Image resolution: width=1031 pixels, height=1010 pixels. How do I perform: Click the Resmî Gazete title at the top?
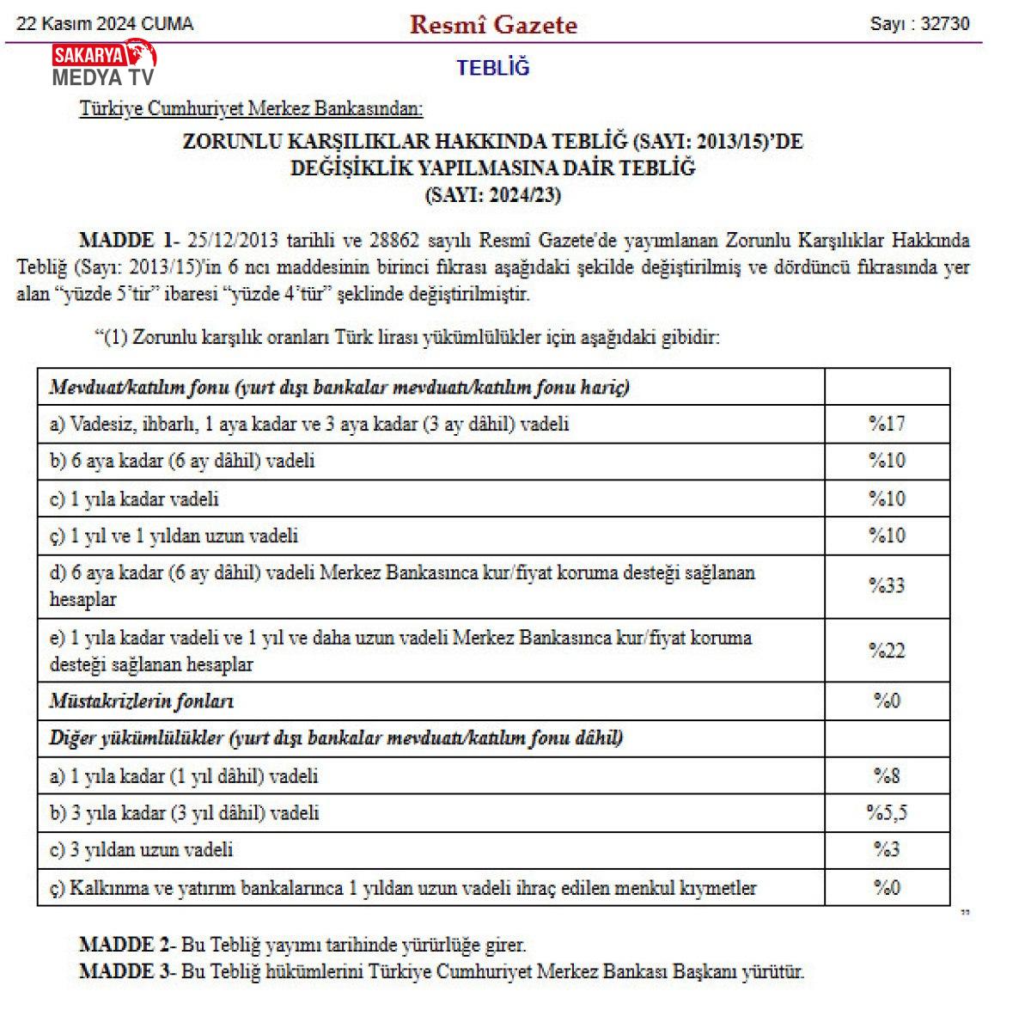coord(493,24)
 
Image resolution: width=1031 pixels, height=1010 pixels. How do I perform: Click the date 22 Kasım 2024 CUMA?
coord(105,24)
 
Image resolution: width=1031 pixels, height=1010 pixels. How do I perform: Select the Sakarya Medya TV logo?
coord(104,64)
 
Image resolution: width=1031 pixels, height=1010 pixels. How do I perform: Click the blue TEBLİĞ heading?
coord(493,68)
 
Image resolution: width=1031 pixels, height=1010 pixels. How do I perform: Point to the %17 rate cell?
coord(887,424)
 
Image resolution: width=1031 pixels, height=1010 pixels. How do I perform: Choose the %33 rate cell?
coord(887,585)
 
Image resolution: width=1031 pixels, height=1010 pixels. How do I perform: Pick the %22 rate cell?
coord(887,651)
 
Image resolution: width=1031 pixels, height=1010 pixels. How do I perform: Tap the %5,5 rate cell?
coord(887,812)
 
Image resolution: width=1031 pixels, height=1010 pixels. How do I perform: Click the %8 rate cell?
coord(887,775)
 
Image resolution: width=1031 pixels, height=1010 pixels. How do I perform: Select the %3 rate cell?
coord(887,849)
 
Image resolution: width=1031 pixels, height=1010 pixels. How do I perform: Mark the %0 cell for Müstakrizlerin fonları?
coord(887,701)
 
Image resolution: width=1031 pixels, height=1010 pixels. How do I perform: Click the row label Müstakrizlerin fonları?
coord(142,701)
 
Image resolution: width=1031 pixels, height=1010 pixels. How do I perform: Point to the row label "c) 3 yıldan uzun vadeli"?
coord(142,850)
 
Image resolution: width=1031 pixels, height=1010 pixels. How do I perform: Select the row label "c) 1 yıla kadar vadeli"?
coord(135,499)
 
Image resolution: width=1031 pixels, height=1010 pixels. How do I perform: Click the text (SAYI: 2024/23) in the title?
coord(493,195)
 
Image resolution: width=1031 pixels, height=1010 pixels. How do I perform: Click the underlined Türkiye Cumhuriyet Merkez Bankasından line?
coord(252,109)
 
